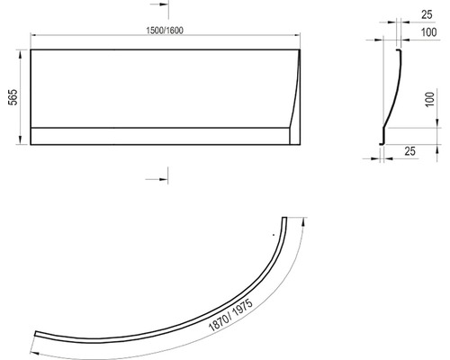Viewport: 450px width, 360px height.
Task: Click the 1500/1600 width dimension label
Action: [x=165, y=31]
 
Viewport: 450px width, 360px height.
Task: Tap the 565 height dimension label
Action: [x=13, y=97]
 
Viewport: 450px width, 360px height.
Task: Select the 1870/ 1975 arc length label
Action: [x=230, y=315]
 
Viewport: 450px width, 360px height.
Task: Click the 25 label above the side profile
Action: [x=427, y=14]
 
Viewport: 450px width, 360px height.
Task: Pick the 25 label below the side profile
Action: [x=409, y=151]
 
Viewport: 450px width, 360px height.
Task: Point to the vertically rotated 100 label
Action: [x=430, y=99]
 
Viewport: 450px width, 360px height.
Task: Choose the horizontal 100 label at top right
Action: [x=428, y=32]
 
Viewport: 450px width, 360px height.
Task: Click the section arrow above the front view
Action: [x=159, y=4]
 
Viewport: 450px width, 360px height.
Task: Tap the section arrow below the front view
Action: [x=157, y=179]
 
